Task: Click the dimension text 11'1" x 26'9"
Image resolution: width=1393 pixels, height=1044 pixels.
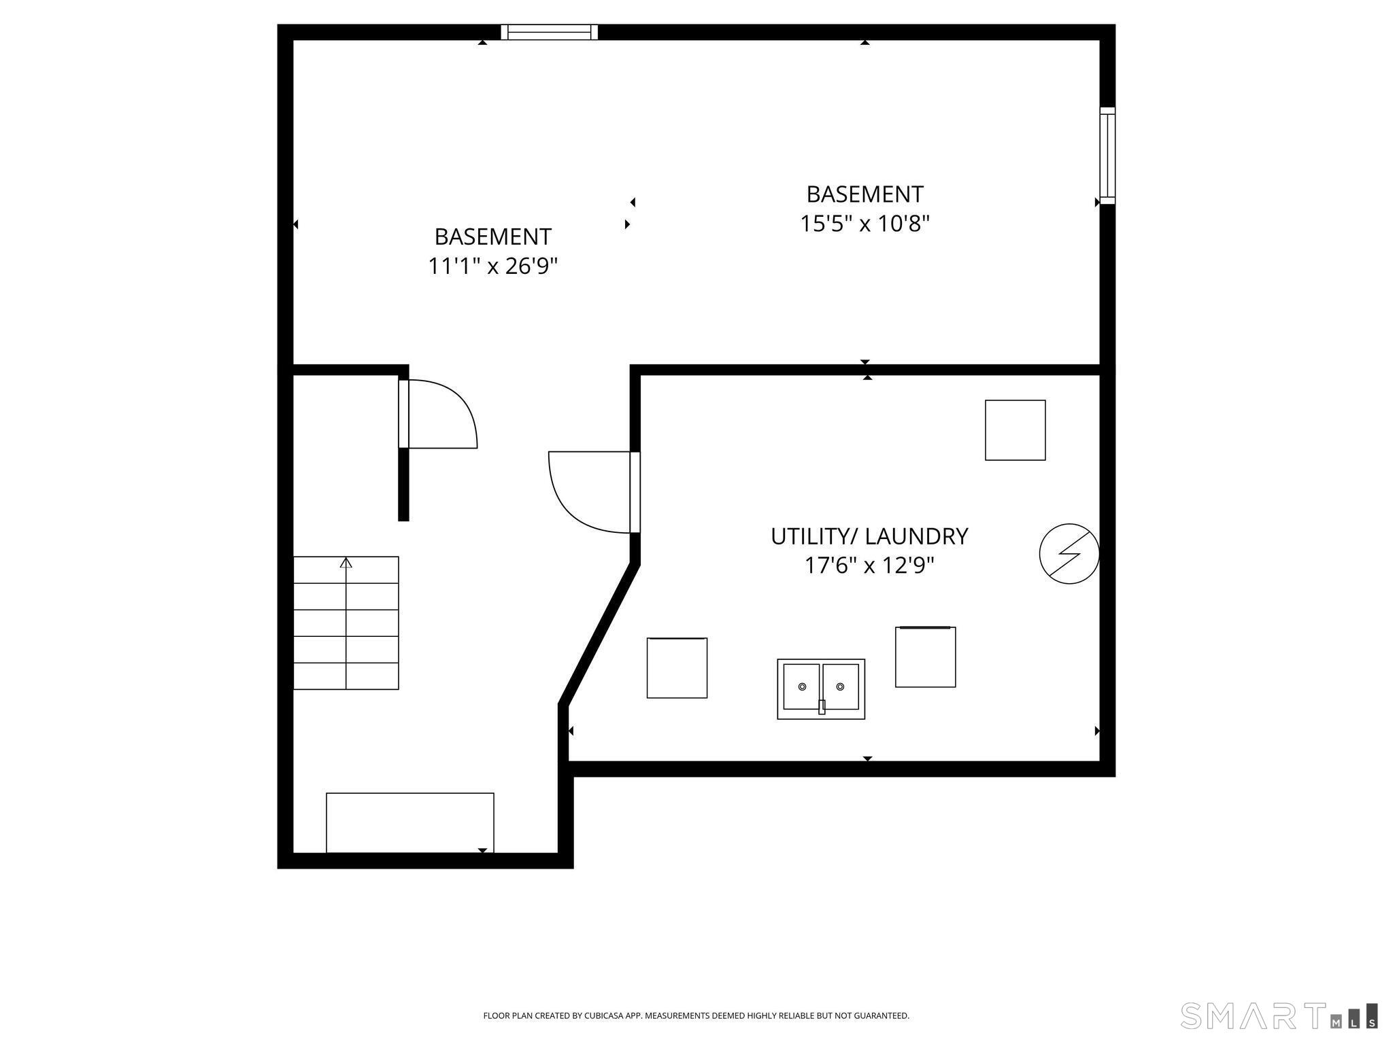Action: click(492, 266)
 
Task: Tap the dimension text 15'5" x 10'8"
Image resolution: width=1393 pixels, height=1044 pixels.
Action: click(865, 224)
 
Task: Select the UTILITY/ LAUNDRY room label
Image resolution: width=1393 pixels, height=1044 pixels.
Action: click(869, 536)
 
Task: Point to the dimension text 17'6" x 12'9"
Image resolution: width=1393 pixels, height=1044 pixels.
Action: click(869, 565)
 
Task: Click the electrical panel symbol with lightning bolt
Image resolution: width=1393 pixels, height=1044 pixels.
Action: click(1069, 553)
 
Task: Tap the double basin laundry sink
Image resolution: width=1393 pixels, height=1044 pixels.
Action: click(821, 689)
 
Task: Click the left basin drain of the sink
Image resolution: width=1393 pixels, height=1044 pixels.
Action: click(802, 686)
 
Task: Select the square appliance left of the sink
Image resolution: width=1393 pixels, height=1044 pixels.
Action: click(677, 667)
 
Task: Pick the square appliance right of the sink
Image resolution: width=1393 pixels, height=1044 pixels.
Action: click(925, 657)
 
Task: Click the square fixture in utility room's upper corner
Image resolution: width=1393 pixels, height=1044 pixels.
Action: click(1015, 430)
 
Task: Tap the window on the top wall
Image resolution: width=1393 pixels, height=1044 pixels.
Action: click(549, 32)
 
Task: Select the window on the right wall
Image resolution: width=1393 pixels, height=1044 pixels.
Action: click(1107, 156)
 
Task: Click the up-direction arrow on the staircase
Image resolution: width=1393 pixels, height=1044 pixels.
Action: click(346, 563)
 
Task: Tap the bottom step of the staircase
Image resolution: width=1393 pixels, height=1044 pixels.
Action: click(346, 676)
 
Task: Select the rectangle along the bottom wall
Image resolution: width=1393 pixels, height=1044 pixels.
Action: click(409, 822)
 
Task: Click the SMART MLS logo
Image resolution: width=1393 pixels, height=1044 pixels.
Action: click(1279, 1015)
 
